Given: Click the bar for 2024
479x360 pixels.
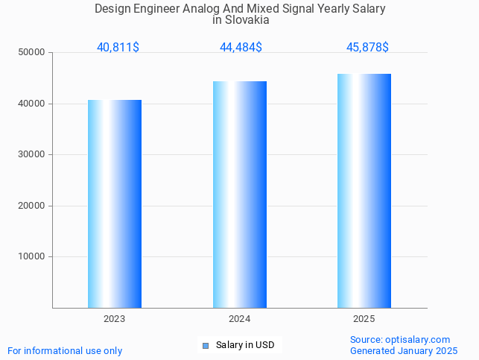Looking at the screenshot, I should (240, 195).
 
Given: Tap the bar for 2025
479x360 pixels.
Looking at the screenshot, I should (364, 191).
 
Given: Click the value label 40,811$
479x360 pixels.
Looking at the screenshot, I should (118, 47).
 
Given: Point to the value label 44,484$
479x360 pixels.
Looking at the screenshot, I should (241, 47).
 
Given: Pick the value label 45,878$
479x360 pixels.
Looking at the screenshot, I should (367, 47).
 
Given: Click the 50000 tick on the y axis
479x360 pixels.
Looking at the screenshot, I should (33, 52).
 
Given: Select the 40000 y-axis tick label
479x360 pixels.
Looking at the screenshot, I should (33, 104).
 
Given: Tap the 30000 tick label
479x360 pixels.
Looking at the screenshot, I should (33, 154).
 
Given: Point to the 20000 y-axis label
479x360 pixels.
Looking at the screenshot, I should (33, 206).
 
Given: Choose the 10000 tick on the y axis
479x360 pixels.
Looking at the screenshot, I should (33, 256).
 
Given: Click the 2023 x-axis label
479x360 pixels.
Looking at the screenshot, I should (114, 319).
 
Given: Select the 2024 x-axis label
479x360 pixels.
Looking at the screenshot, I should (239, 319).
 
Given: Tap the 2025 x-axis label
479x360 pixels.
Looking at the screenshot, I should (364, 319).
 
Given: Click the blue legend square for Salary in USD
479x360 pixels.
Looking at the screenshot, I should (206, 345).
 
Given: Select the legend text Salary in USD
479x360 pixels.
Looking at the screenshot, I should (245, 345).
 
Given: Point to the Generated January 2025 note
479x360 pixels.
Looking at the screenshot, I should (404, 350).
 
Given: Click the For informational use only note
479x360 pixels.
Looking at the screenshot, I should (65, 350).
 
